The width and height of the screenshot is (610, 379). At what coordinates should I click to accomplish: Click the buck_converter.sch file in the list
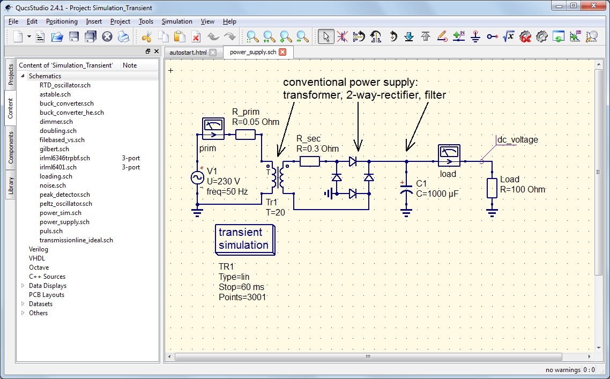[x=66, y=103]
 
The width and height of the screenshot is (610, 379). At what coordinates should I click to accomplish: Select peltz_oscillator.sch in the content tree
[x=65, y=204]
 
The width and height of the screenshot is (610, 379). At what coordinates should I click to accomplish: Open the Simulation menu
[x=177, y=21]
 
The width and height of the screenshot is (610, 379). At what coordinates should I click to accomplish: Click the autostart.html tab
[x=188, y=53]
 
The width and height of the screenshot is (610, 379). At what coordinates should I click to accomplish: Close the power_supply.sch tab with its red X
[x=282, y=52]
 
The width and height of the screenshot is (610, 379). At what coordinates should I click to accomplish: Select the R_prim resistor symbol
[x=246, y=134]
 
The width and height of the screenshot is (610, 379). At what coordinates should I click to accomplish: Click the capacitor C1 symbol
[x=406, y=189]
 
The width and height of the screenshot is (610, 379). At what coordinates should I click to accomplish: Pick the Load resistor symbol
[x=492, y=189]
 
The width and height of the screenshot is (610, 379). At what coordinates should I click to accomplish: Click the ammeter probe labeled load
[x=449, y=155]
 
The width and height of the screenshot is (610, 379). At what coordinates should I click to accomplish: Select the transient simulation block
[x=246, y=239]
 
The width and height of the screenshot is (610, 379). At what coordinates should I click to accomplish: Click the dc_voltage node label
[x=517, y=140]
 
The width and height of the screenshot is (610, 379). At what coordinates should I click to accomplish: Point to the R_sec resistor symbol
[x=309, y=161]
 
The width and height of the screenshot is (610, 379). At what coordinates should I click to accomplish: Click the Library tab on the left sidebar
[x=10, y=186]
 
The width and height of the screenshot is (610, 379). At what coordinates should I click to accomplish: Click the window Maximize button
[x=574, y=6]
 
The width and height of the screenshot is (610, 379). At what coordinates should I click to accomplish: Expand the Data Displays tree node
[x=23, y=286]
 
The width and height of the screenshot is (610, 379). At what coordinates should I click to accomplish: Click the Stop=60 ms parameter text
[x=241, y=287]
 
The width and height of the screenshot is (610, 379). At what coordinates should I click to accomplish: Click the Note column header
[x=130, y=65]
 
